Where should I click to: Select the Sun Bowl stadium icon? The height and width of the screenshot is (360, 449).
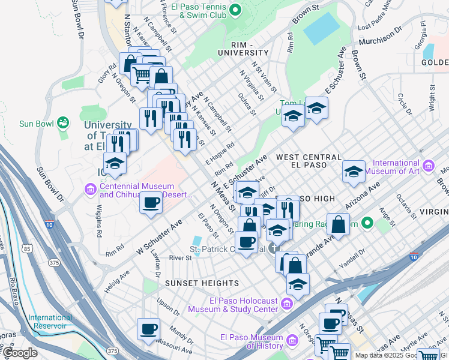pos(62,124)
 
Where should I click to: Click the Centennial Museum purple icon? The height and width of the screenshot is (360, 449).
pos(91,191)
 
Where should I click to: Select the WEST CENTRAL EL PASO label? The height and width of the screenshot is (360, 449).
pos(301,161)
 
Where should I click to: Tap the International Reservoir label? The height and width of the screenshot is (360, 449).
pos(50,322)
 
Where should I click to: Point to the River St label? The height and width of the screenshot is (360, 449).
pos(179,257)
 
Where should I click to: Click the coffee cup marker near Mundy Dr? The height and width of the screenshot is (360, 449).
pos(148,328)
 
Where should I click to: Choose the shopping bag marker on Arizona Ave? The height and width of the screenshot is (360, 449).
pos(339,224)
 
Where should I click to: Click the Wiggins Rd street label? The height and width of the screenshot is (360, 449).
pos(99,219)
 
